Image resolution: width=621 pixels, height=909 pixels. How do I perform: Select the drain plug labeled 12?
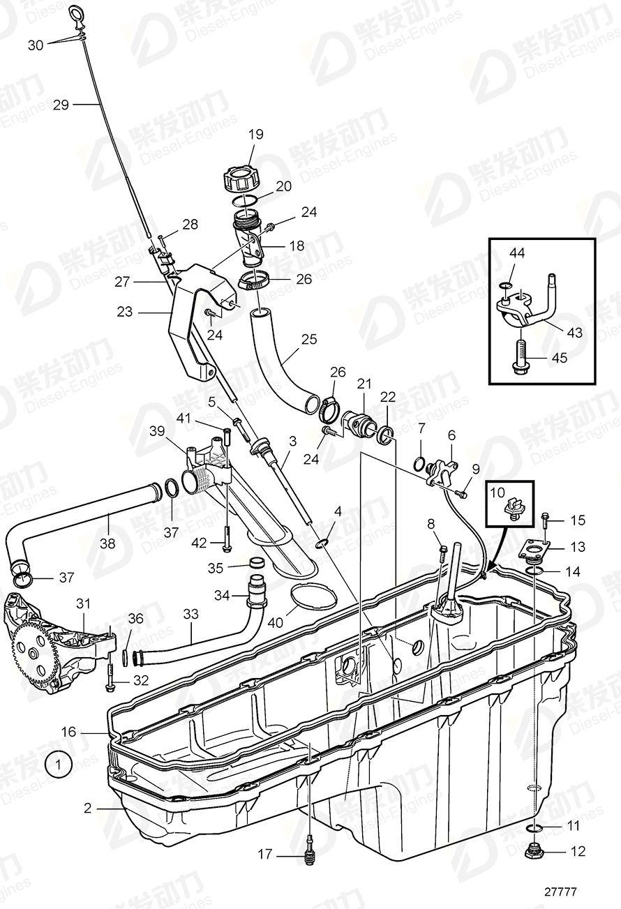pyautogui.click(x=534, y=850)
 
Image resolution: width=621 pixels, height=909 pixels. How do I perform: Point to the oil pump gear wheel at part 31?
pyautogui.click(x=31, y=652)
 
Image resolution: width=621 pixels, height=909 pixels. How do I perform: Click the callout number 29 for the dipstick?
pyautogui.click(x=61, y=105)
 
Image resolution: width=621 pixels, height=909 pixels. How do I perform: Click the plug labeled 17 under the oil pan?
pyautogui.click(x=309, y=852)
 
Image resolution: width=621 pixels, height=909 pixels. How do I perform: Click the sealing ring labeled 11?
pyautogui.click(x=534, y=828)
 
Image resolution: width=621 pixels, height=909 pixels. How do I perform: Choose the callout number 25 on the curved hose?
pyautogui.click(x=308, y=340)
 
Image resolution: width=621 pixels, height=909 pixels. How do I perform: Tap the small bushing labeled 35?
pyautogui.click(x=257, y=564)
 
